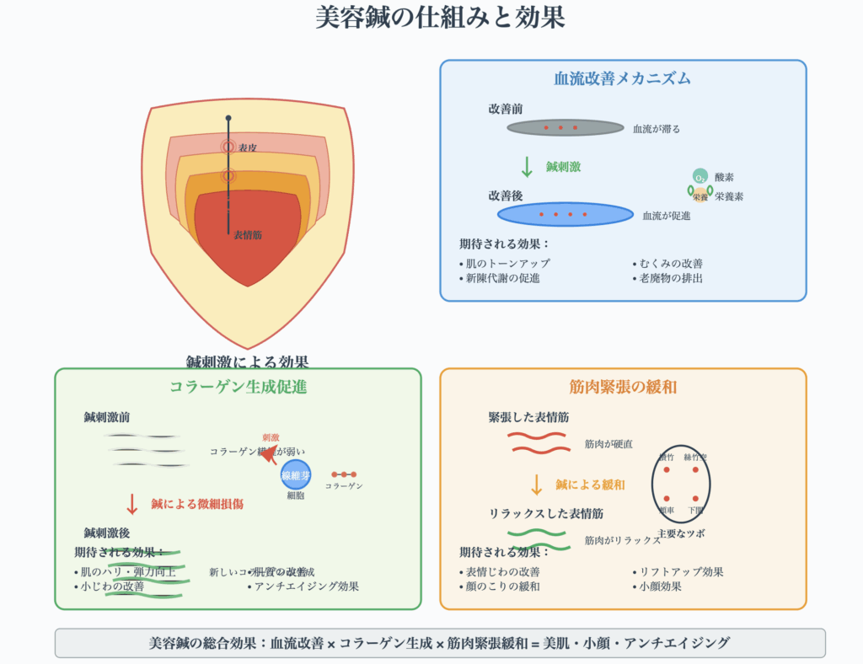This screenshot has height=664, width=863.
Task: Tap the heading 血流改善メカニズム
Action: pyautogui.click(x=622, y=79)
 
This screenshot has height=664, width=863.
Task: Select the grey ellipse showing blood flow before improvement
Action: pyautogui.click(x=565, y=128)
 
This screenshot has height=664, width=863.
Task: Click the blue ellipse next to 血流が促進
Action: pyautogui.click(x=565, y=214)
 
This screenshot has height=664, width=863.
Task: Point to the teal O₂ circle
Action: pyautogui.click(x=700, y=176)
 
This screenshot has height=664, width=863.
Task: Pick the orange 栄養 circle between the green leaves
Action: pyautogui.click(x=700, y=195)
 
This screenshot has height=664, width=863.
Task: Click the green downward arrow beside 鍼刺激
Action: pyautogui.click(x=527, y=166)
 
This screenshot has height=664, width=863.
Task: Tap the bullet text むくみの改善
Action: pyautogui.click(x=671, y=263)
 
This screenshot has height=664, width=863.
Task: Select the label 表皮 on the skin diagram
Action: pyautogui.click(x=248, y=147)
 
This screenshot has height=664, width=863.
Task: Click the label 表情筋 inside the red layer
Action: pyautogui.click(x=248, y=235)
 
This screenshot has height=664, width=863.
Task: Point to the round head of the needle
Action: pyautogui.click(x=228, y=118)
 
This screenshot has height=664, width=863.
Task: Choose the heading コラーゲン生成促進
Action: pyautogui.click(x=238, y=388)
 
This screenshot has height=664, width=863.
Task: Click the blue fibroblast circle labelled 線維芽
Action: pyautogui.click(x=296, y=475)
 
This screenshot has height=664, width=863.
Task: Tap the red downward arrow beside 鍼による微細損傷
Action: pyautogui.click(x=131, y=504)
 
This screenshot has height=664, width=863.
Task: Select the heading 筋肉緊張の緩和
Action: pyautogui.click(x=622, y=388)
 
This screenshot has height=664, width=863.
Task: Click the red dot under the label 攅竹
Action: pyautogui.click(x=666, y=469)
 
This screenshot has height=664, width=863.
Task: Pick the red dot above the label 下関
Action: pyautogui.click(x=696, y=498)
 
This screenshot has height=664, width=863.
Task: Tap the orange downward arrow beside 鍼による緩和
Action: pyautogui.click(x=536, y=485)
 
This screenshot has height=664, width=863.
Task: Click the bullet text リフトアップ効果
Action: pyautogui.click(x=681, y=571)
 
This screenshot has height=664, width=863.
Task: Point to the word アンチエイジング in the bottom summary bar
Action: pyautogui.click(x=681, y=643)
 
